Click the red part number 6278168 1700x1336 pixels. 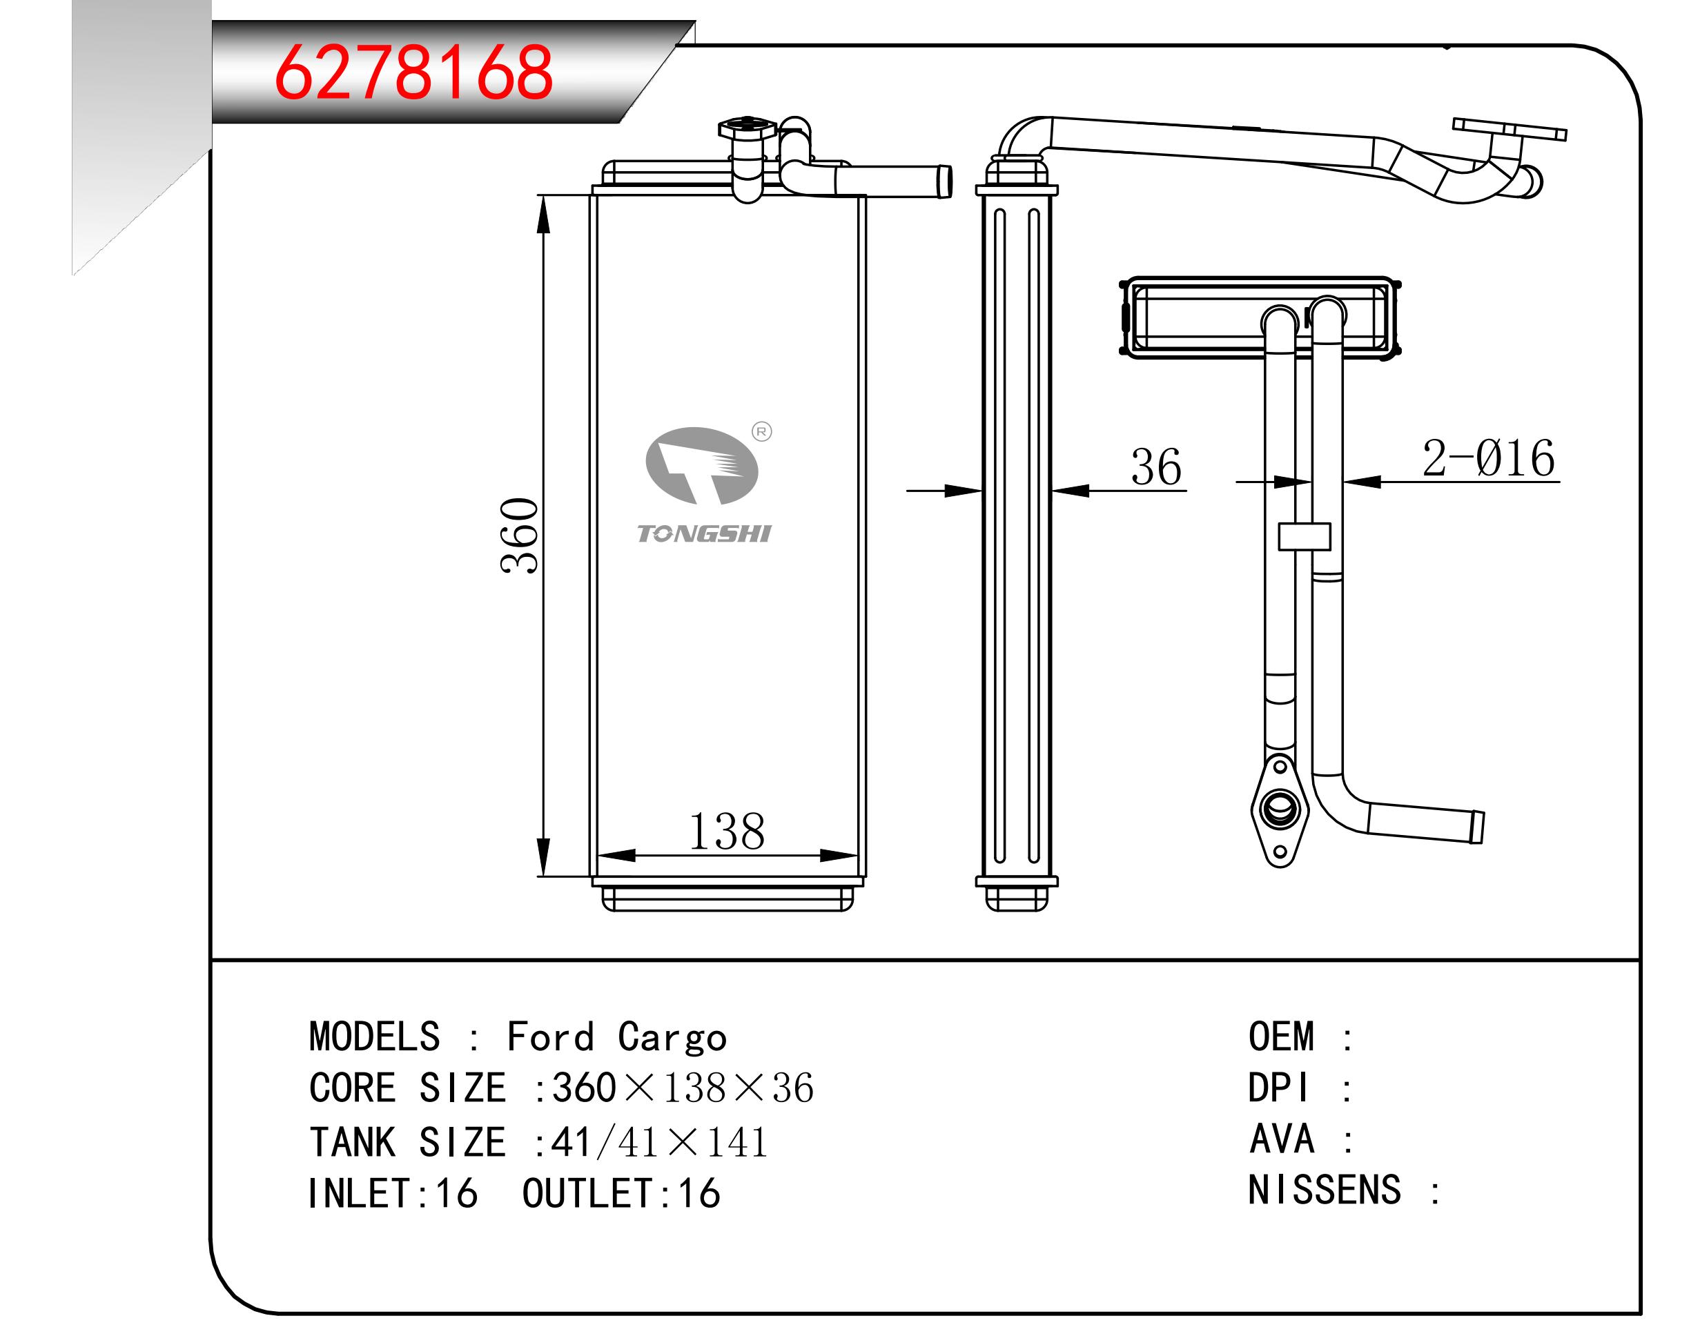click(x=413, y=72)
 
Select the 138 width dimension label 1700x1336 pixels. click(x=726, y=832)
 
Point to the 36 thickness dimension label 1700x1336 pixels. click(x=1155, y=467)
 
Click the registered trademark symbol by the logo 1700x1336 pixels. click(x=761, y=432)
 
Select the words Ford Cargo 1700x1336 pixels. click(x=616, y=1037)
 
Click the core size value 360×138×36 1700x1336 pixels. click(x=682, y=1088)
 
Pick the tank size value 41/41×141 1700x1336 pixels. click(x=658, y=1142)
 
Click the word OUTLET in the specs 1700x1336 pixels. click(x=587, y=1194)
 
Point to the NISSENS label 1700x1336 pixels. click(x=1324, y=1190)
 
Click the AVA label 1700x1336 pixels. click(x=1282, y=1139)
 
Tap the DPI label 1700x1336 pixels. click(x=1278, y=1088)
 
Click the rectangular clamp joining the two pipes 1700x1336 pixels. click(x=1304, y=537)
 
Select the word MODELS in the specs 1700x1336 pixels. click(x=375, y=1037)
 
